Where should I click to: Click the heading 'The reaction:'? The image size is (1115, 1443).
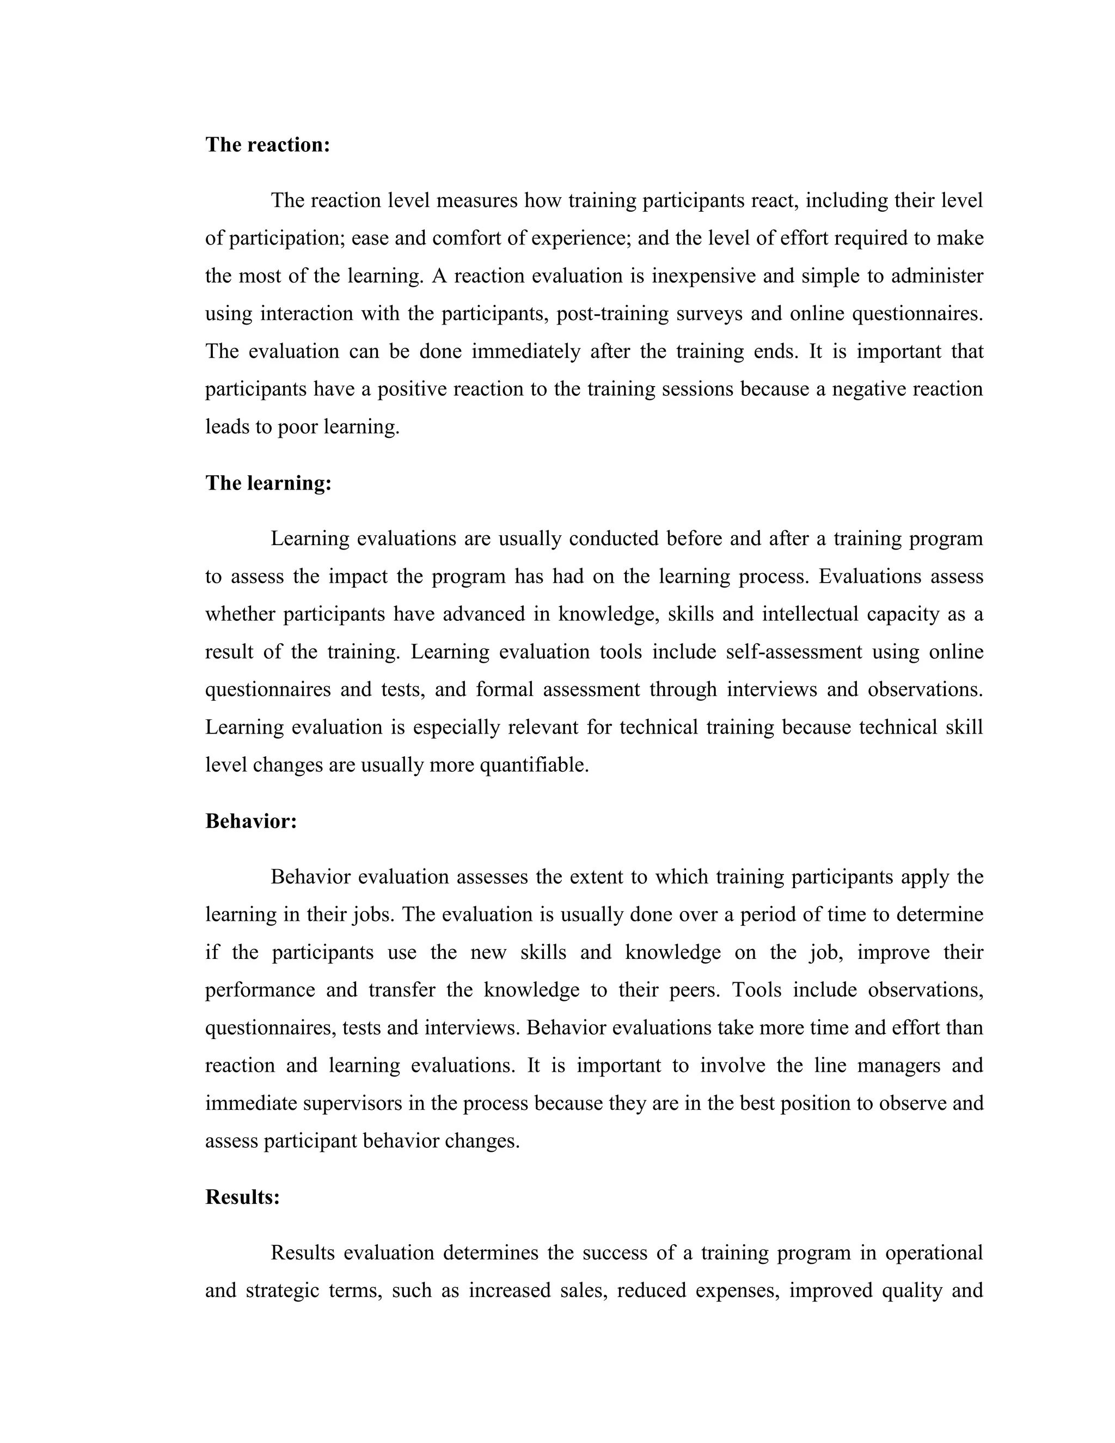click(x=267, y=145)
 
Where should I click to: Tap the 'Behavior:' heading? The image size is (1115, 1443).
click(x=251, y=821)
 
